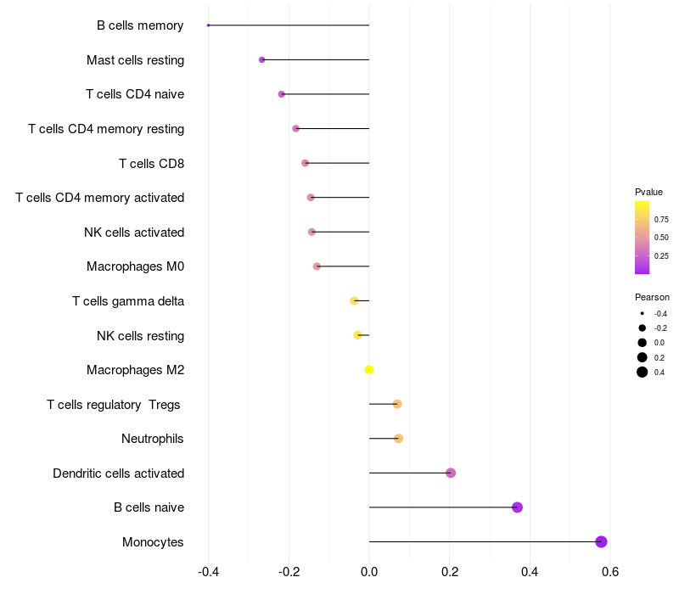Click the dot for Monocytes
[x=601, y=541]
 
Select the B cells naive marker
[x=517, y=507]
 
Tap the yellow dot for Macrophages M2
[x=369, y=369]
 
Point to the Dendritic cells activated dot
[x=451, y=473]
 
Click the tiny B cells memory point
[x=208, y=25]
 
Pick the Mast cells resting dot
[x=261, y=59]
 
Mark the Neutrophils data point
[x=398, y=439]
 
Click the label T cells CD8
[x=151, y=163]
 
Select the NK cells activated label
[x=134, y=233]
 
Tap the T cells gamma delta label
[x=128, y=301]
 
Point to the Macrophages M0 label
[x=135, y=266]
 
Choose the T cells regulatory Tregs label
[x=114, y=405]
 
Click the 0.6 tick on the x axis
[x=609, y=572]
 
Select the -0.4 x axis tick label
[x=208, y=572]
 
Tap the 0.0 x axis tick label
[x=369, y=572]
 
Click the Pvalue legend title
[x=648, y=192]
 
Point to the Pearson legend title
[x=652, y=297]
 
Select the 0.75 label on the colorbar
[x=661, y=219]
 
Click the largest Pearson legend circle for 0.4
[x=643, y=372]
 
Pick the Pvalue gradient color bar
[x=643, y=238]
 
